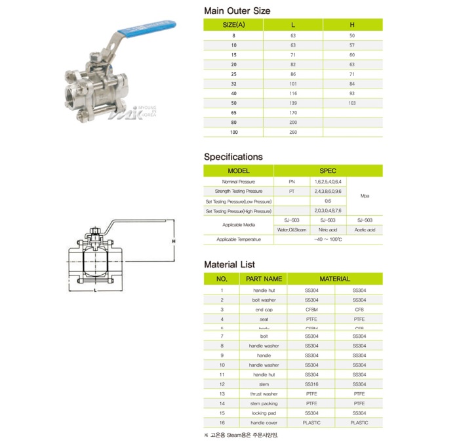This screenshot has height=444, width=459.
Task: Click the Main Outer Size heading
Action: click(237, 11)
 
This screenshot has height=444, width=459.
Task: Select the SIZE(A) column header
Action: click(233, 24)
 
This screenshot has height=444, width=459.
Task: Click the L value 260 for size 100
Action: click(292, 132)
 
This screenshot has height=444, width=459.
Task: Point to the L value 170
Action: click(292, 113)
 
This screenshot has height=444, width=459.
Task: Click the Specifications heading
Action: click(233, 157)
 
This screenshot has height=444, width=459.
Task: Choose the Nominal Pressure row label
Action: click(238, 181)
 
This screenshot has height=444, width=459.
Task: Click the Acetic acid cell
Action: click(365, 230)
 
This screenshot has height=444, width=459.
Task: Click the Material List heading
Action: click(229, 264)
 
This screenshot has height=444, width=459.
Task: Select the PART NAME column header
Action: click(264, 279)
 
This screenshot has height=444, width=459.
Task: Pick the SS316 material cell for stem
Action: click(311, 384)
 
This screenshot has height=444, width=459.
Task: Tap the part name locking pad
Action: click(264, 413)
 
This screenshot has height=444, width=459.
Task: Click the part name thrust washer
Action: click(264, 394)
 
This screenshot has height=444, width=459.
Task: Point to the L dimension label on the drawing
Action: click(95, 289)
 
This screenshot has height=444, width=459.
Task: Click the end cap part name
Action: click(264, 309)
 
